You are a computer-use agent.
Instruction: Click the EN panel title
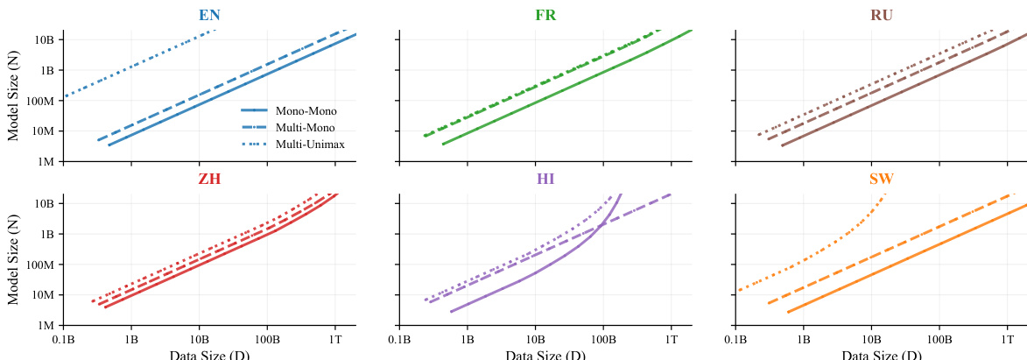tap(209, 16)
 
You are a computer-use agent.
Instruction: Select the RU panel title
tap(882, 16)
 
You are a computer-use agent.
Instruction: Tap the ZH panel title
tap(208, 180)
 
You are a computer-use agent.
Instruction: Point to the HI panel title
tap(545, 180)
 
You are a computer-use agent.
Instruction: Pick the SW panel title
tap(882, 180)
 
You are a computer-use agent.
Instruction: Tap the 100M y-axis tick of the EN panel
tap(42, 101)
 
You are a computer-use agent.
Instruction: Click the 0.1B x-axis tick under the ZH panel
tap(63, 337)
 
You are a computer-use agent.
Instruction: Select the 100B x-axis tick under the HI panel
tap(602, 337)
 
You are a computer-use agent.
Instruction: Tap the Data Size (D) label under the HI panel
tap(545, 354)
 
